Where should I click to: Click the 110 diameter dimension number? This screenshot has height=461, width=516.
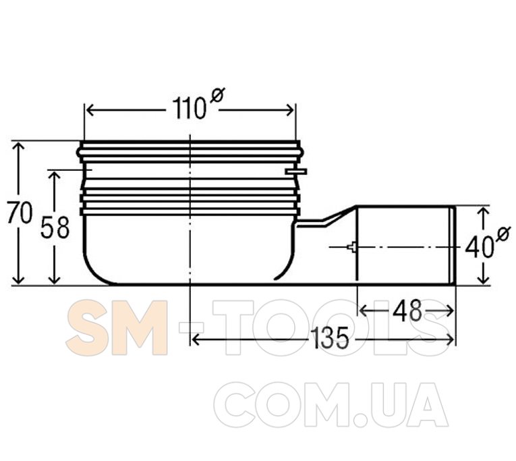(189, 109)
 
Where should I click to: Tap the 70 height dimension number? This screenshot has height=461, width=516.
(20, 213)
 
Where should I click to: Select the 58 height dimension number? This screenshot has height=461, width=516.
(55, 227)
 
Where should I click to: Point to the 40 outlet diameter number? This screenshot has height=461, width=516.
(479, 247)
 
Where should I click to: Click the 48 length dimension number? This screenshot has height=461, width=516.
(407, 311)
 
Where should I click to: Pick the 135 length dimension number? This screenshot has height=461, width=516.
(329, 338)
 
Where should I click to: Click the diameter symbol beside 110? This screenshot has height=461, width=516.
(217, 95)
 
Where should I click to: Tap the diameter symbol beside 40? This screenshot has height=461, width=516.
(503, 234)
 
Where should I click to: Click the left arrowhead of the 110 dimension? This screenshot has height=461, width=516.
(90, 110)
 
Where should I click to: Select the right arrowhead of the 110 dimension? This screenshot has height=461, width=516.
(290, 110)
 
